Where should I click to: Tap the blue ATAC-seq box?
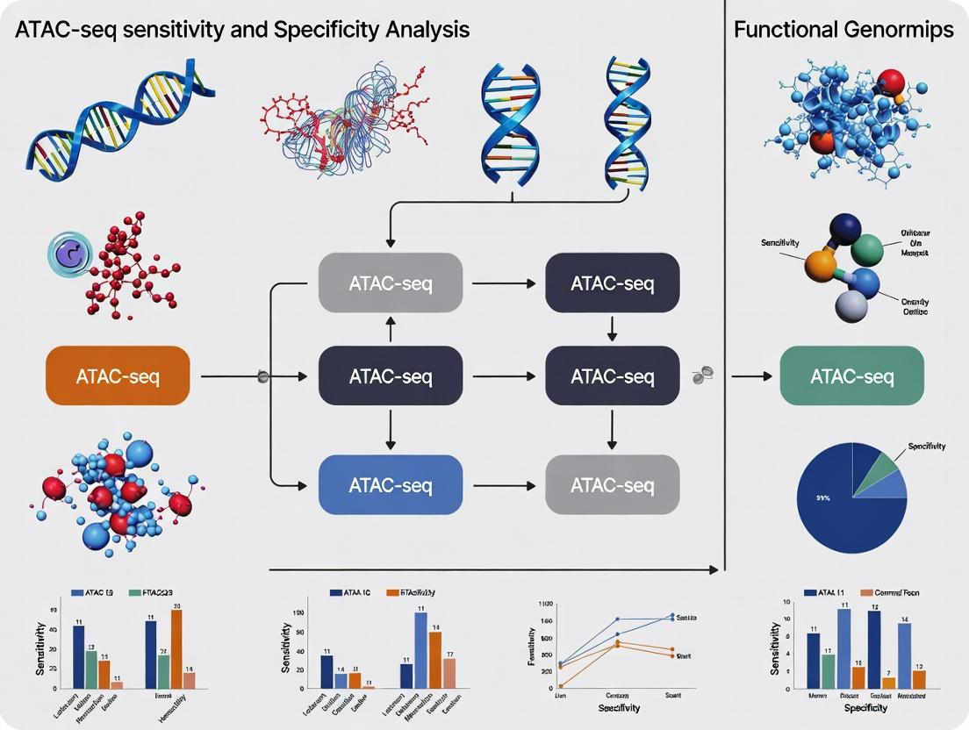[391, 484]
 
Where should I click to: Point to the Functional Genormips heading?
[843, 29]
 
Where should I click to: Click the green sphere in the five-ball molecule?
[867, 249]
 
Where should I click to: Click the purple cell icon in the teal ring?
[69, 256]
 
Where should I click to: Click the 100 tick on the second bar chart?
[299, 612]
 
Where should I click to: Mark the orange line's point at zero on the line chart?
[561, 685]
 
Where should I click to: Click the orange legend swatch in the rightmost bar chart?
[866, 593]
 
